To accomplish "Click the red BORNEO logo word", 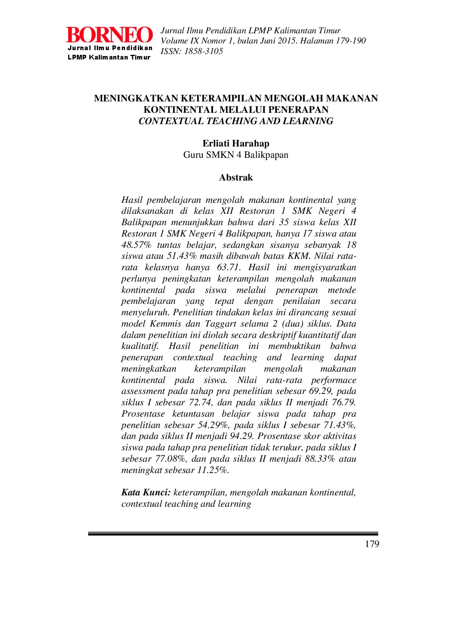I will (109, 35).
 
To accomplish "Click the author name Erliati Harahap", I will (236, 143).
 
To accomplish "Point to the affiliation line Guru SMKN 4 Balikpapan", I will (236, 155).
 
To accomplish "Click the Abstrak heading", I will (236, 177).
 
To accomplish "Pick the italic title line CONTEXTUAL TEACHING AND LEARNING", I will (236, 121).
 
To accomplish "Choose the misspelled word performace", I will (334, 380).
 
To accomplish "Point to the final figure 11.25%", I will (213, 470).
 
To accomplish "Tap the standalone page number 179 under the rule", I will (372, 544).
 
